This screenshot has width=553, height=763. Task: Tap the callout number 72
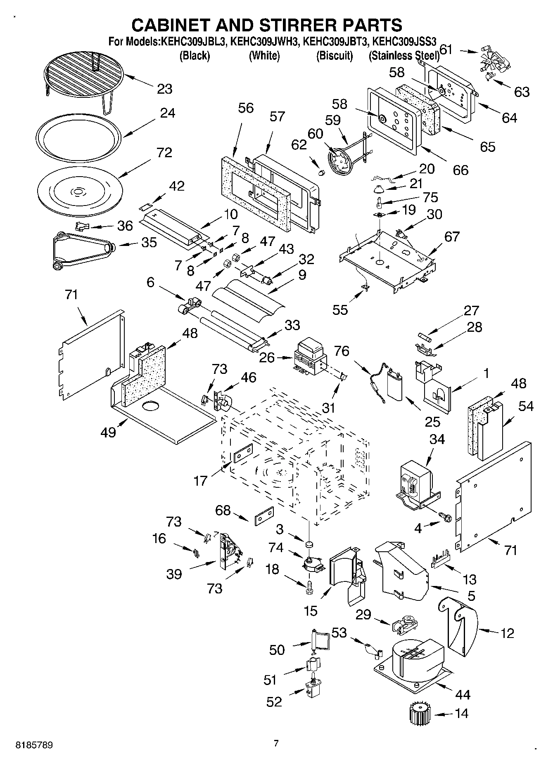click(164, 153)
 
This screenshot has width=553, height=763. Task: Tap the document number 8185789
click(34, 745)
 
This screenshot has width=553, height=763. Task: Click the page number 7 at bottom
click(276, 743)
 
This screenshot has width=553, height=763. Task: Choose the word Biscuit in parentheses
click(335, 56)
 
